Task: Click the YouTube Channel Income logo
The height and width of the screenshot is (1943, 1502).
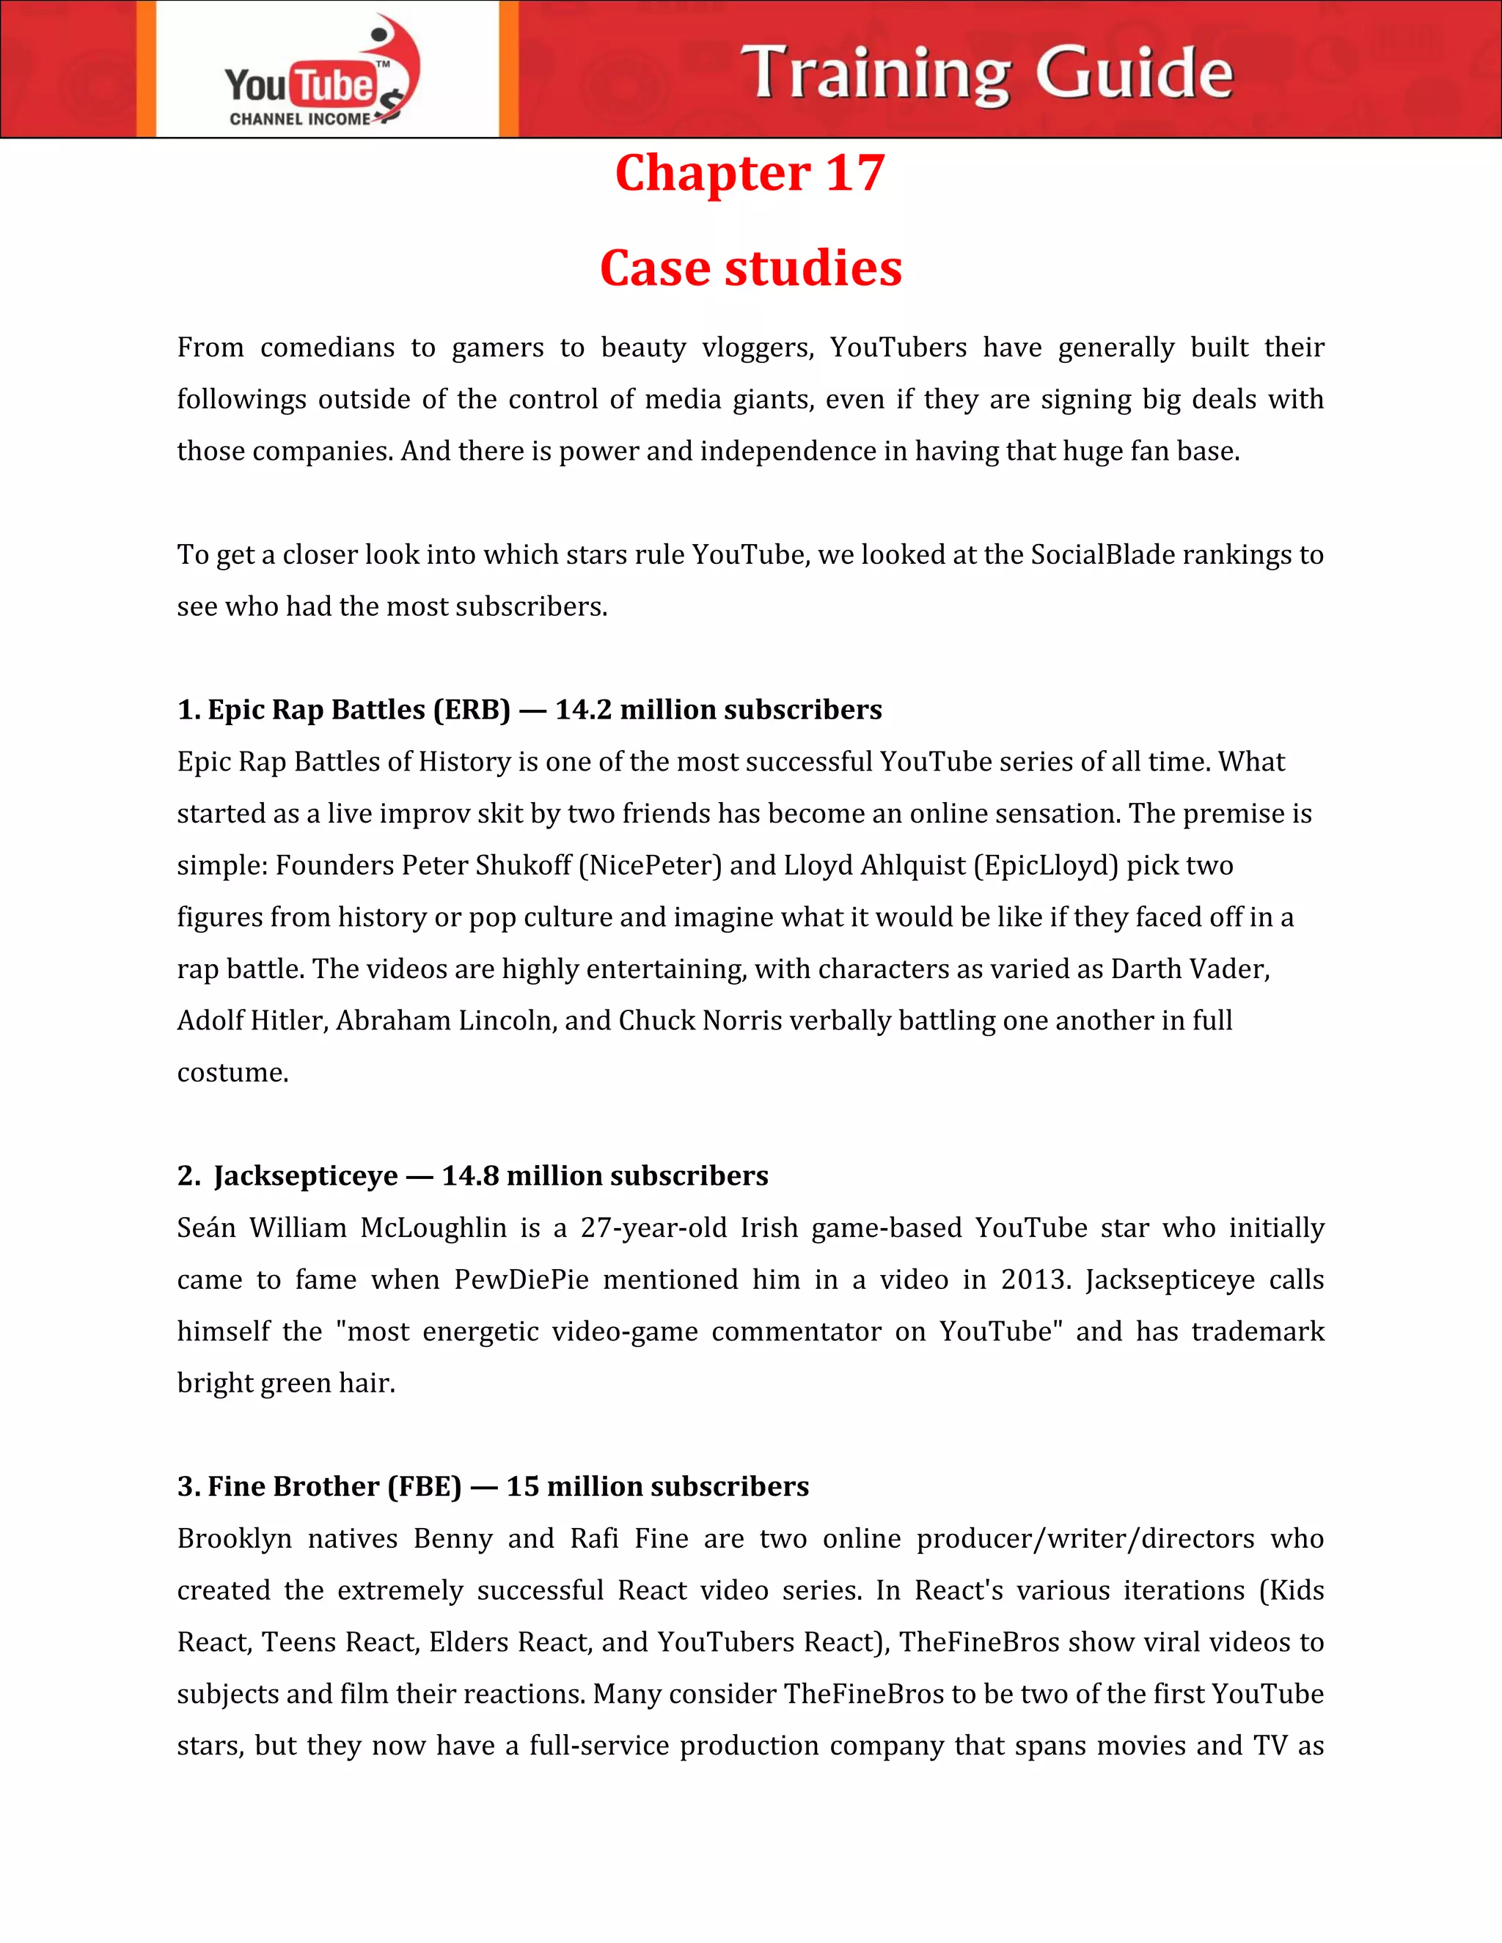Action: pos(320,71)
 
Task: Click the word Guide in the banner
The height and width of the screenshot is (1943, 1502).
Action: pos(1134,73)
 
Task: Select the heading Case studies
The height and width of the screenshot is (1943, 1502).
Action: pos(750,268)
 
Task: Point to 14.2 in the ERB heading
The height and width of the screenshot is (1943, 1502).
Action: pos(584,710)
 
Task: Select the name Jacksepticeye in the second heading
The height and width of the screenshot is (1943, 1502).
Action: pos(305,1176)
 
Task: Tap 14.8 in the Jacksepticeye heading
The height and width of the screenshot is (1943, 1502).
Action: pos(470,1176)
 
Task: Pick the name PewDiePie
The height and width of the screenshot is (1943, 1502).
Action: pos(521,1280)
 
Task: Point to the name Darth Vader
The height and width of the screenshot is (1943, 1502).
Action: pos(1190,969)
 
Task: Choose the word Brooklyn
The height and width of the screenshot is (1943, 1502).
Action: pos(234,1539)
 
